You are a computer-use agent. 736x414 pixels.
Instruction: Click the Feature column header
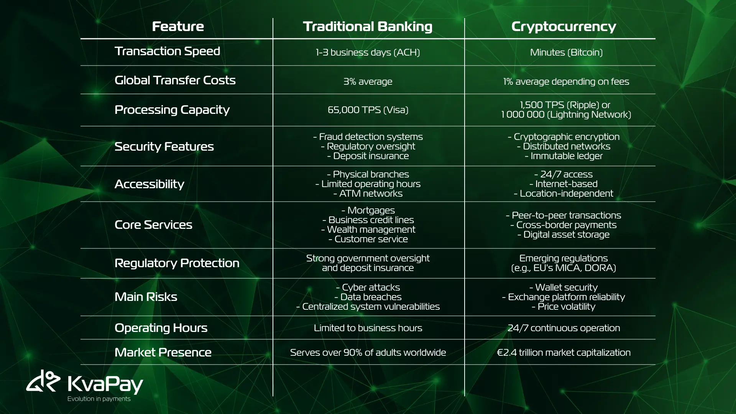pyautogui.click(x=178, y=26)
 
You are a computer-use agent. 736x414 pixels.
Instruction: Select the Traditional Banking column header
pyautogui.click(x=368, y=27)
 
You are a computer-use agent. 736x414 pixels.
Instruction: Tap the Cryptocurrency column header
pyautogui.click(x=563, y=27)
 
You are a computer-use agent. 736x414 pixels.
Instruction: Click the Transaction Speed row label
pyautogui.click(x=168, y=51)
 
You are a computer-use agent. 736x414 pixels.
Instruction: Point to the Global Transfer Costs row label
pyautogui.click(x=175, y=80)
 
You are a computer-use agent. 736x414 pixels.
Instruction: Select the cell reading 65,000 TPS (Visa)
pyautogui.click(x=368, y=110)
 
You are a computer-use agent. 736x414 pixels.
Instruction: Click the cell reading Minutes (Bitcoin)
pyautogui.click(x=566, y=53)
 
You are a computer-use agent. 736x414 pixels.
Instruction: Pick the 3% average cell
pyautogui.click(x=368, y=82)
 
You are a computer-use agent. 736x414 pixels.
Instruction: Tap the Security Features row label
pyautogui.click(x=164, y=146)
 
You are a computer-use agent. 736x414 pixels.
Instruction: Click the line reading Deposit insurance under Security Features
pyautogui.click(x=368, y=156)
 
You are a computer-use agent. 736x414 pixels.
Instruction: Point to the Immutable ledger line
pyautogui.click(x=563, y=156)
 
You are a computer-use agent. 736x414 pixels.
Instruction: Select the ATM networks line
pyautogui.click(x=368, y=194)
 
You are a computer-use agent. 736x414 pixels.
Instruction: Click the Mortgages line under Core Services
pyautogui.click(x=368, y=210)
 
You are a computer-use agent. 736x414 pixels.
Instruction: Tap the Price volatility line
pyautogui.click(x=563, y=307)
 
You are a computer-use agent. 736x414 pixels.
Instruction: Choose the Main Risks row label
pyautogui.click(x=146, y=297)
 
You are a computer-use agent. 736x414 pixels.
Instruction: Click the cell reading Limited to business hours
pyautogui.click(x=368, y=328)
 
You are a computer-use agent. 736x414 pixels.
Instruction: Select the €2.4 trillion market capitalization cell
pyautogui.click(x=563, y=353)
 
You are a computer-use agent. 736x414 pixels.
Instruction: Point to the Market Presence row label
pyautogui.click(x=163, y=352)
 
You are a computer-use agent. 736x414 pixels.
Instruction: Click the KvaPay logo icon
pyautogui.click(x=43, y=381)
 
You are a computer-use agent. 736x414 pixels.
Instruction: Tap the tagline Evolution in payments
pyautogui.click(x=99, y=399)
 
